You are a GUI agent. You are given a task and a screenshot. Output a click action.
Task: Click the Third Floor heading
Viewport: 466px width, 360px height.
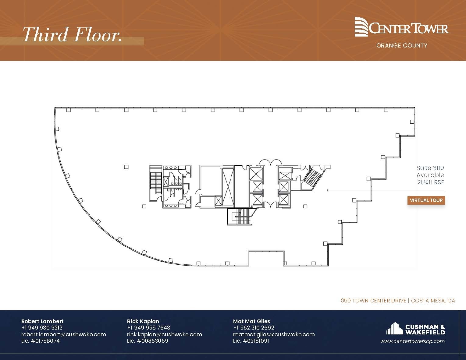72,34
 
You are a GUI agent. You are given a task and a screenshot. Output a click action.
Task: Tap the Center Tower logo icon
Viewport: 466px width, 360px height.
361,27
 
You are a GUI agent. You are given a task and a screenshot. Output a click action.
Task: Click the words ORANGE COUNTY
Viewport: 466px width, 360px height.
402,46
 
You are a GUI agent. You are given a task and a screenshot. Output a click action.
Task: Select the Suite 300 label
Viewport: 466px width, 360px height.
430,168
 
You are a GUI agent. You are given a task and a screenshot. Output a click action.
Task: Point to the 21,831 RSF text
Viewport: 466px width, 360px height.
430,182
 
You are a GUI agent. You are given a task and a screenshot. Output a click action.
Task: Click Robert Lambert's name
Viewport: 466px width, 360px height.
42,321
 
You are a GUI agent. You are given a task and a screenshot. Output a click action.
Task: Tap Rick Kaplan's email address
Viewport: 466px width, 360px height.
164,334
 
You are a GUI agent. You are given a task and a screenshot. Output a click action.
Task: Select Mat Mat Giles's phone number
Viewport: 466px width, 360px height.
254,328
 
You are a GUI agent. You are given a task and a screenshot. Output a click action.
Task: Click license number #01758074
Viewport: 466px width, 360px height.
41,341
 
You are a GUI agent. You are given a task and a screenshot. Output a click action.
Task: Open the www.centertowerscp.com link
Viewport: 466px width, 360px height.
412,341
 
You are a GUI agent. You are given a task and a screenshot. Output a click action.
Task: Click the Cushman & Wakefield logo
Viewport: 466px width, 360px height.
415,329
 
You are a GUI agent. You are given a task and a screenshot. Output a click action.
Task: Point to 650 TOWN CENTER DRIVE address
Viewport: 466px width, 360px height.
373,301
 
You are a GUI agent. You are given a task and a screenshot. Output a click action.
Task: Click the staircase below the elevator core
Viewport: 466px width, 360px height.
240,217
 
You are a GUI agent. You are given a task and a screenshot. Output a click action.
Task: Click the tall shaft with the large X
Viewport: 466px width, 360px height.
228,187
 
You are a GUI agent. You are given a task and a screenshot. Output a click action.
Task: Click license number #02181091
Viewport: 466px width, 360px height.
251,341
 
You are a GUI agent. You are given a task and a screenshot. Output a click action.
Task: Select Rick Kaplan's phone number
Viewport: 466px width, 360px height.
148,328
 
